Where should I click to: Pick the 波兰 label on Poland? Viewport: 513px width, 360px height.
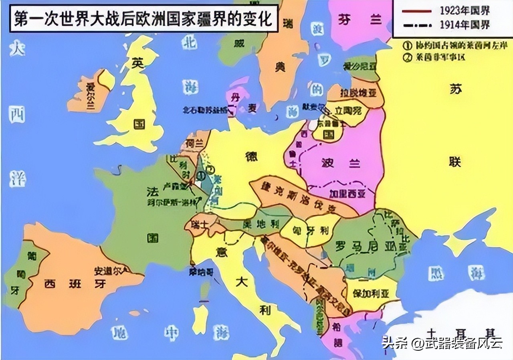pyautogui.click(x=341, y=163)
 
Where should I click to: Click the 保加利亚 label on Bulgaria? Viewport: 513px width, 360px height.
pyautogui.click(x=371, y=293)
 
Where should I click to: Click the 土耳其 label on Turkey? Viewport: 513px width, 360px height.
pyautogui.click(x=461, y=332)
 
